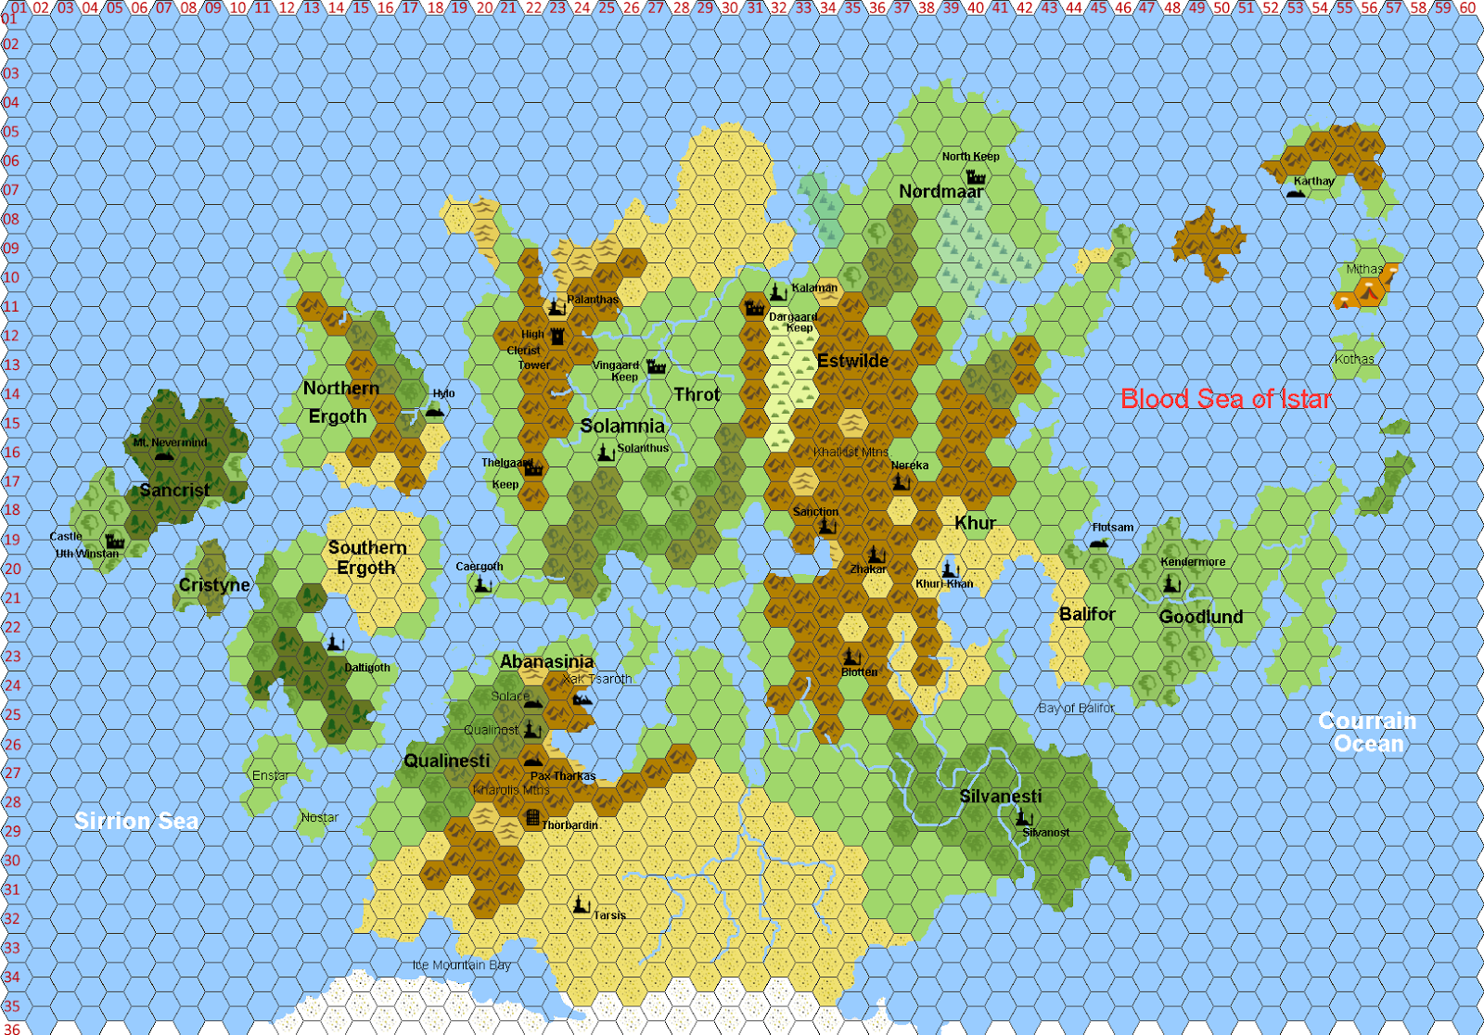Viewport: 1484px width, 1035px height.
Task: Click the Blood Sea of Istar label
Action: tap(1225, 399)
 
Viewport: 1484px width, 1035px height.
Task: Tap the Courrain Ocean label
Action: tap(1368, 732)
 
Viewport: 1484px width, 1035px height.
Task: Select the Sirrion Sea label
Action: tap(136, 821)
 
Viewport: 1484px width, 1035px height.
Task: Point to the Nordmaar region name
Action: tap(940, 191)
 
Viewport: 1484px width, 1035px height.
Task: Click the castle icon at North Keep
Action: tap(976, 175)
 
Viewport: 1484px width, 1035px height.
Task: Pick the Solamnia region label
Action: tap(622, 426)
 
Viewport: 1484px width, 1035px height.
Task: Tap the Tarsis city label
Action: tap(609, 915)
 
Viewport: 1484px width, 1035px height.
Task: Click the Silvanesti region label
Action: tap(1000, 797)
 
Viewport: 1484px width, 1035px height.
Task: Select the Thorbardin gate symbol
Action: tap(532, 817)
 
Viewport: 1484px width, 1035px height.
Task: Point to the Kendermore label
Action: tap(1193, 562)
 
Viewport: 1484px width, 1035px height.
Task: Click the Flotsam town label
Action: tap(1113, 527)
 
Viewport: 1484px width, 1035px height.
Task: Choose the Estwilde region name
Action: tap(852, 361)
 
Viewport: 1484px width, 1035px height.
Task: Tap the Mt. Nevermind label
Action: tap(170, 442)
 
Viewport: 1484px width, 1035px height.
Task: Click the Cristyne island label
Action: tap(214, 584)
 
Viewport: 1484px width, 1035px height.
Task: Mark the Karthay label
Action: tap(1313, 181)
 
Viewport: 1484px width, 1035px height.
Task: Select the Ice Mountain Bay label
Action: tap(461, 965)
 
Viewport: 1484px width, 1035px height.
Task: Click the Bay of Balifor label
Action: tap(1076, 708)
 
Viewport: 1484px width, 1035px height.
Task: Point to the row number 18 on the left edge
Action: tap(11, 510)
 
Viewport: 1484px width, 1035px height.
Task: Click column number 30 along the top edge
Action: tap(730, 7)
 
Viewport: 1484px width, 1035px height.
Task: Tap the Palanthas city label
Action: tap(592, 300)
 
